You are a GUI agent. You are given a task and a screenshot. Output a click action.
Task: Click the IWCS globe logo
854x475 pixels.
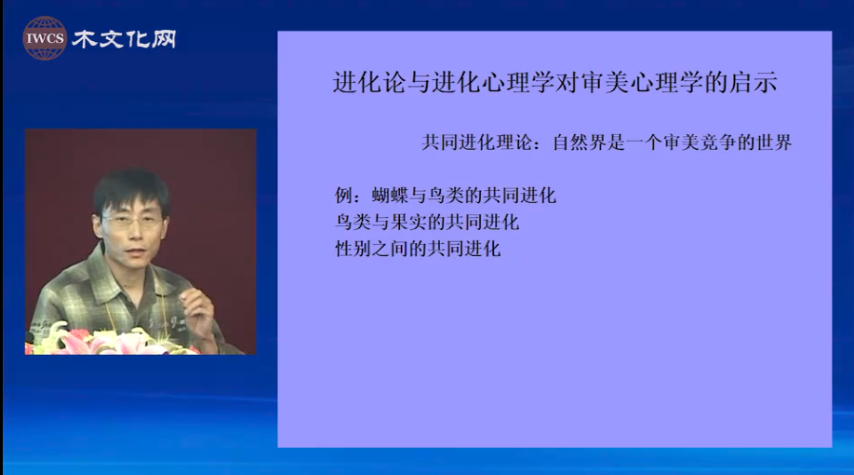pos(45,38)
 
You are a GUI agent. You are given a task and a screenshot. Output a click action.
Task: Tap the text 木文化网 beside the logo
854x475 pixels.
pos(124,39)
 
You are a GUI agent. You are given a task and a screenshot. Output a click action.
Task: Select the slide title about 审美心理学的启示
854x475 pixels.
pos(554,82)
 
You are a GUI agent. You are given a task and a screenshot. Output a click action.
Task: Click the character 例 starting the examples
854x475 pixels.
pos(343,196)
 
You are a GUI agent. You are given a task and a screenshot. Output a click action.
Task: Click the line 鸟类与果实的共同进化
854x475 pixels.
pos(427,222)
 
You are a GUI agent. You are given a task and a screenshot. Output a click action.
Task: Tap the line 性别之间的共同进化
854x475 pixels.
pos(418,249)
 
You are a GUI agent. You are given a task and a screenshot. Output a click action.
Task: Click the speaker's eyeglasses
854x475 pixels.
pos(133,221)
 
